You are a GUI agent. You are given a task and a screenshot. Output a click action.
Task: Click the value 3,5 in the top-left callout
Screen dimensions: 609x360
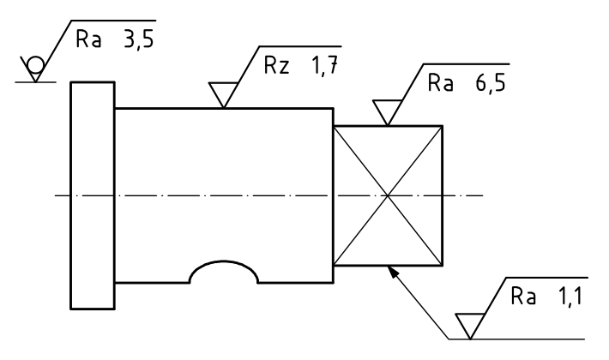point(139,39)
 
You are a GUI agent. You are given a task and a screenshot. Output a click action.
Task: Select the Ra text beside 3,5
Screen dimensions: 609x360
point(88,39)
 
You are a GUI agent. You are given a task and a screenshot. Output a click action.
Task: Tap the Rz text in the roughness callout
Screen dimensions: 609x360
point(276,65)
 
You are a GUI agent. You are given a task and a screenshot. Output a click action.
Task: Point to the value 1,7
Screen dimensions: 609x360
point(325,65)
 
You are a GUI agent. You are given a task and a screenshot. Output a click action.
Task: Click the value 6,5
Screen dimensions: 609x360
point(491,83)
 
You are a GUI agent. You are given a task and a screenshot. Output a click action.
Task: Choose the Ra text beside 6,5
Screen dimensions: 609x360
point(440,82)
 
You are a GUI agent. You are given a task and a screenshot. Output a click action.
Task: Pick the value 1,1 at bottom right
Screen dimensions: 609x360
point(570,297)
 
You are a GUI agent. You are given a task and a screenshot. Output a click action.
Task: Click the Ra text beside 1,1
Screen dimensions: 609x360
point(523,297)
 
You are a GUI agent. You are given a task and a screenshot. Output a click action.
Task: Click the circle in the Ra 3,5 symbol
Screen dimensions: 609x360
point(35,65)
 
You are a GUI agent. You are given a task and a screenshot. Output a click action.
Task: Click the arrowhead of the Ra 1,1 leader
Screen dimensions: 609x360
point(394,272)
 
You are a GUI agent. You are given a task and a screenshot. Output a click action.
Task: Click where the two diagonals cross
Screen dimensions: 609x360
point(388,195)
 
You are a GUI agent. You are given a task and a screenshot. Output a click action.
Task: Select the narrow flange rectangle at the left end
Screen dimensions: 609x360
point(93,195)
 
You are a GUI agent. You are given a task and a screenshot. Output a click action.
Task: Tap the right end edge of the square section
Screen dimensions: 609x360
point(443,195)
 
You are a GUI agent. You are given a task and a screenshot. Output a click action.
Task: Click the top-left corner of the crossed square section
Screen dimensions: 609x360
point(334,126)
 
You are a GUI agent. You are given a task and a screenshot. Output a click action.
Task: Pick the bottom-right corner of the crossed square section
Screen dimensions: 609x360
point(443,266)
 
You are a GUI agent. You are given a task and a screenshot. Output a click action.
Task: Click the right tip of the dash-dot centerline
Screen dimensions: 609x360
point(483,195)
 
